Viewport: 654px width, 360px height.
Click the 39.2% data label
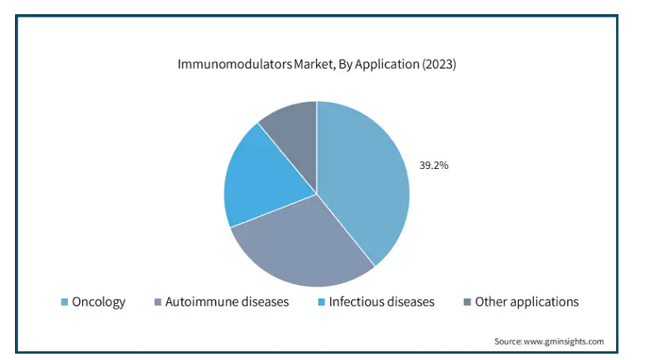click(434, 166)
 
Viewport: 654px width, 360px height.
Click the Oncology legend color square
click(64, 302)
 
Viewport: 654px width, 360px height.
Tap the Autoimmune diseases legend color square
click(158, 302)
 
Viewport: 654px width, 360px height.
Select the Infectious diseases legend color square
click(321, 302)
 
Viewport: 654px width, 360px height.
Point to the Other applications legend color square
click(467, 302)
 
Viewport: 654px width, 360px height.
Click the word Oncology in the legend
click(99, 302)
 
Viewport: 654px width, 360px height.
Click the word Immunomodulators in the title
click(235, 64)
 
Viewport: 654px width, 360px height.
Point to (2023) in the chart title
click(439, 64)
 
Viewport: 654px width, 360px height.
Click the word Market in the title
click(314, 64)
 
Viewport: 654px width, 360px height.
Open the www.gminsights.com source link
click(563, 342)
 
